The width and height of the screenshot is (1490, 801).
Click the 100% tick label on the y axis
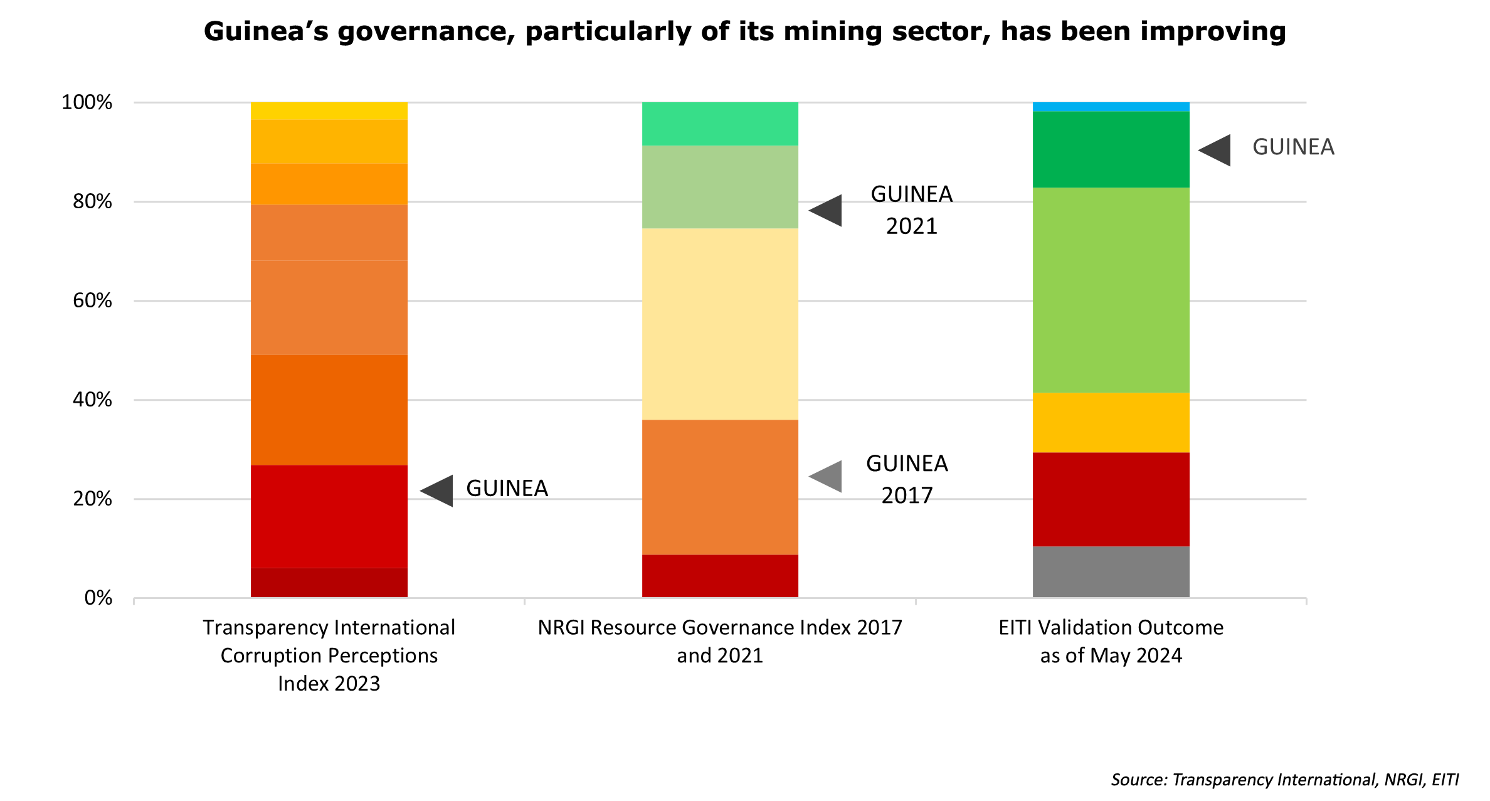87,102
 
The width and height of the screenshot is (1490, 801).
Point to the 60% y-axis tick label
92,300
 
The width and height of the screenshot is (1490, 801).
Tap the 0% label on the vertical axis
98,598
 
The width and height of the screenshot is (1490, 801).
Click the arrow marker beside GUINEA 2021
827,211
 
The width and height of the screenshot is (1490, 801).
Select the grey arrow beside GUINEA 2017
827,477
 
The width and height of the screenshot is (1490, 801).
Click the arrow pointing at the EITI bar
1215,151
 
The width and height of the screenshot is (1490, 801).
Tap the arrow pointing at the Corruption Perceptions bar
437,491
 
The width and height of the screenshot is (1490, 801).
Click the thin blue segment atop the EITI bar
1111,107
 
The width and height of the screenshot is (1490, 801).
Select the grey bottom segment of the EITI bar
1111,571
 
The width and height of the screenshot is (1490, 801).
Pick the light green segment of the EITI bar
1111,290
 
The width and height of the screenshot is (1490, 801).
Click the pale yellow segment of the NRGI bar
720,324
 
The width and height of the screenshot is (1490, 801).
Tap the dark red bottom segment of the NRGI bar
720,576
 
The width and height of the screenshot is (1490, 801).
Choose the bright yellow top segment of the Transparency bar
329,111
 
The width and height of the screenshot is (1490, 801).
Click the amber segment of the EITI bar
1111,422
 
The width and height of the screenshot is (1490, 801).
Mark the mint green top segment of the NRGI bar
720,124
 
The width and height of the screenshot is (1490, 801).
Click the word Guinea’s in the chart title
266,31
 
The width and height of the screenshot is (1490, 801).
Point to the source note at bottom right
1284,780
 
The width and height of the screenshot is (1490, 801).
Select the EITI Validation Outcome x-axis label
1111,641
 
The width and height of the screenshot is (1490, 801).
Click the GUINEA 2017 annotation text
907,479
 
